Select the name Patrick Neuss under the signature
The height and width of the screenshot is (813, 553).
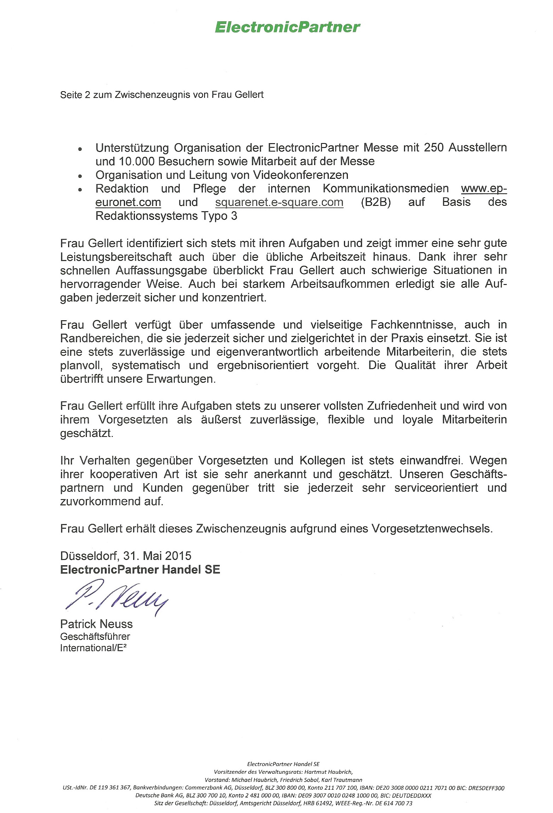tap(96, 624)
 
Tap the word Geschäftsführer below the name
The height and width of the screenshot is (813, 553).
tap(95, 636)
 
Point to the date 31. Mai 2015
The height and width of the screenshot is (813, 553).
tap(157, 556)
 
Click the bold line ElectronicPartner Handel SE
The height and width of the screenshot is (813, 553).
tap(140, 569)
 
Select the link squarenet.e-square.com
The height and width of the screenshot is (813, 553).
tap(279, 202)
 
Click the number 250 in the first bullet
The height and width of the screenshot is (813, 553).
tap(434, 147)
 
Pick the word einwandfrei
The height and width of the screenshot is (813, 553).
tap(431, 460)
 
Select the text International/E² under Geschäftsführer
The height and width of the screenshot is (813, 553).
tap(93, 648)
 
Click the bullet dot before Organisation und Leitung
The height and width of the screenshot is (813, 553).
tap(81, 176)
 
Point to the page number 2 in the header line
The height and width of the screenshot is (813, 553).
tap(88, 95)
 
